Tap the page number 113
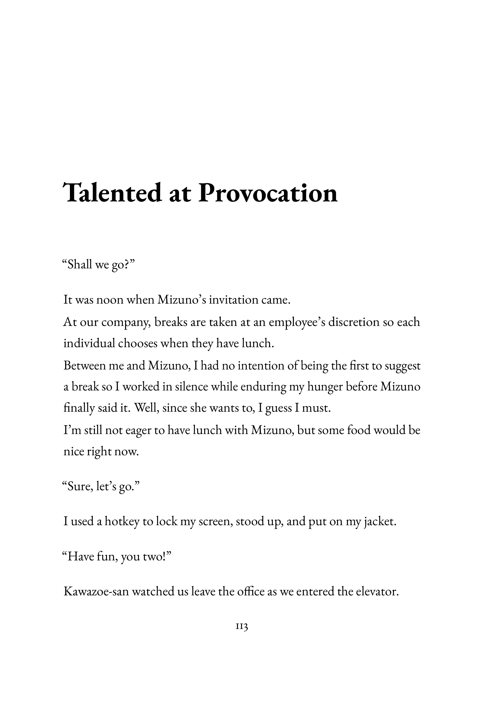pyautogui.click(x=242, y=627)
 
